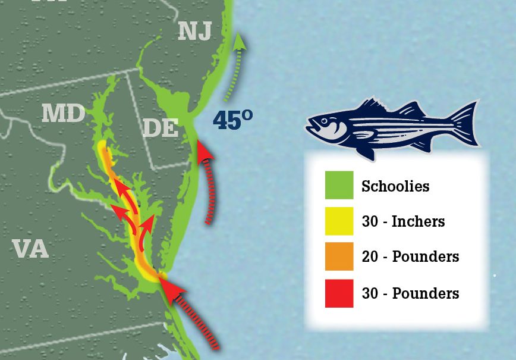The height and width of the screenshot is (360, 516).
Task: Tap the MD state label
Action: (63, 113)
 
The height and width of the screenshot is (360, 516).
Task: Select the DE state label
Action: (160, 127)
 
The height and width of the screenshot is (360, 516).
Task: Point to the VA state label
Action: (30, 249)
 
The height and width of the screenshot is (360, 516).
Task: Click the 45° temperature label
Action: (232, 121)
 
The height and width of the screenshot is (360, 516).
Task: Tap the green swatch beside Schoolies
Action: (339, 186)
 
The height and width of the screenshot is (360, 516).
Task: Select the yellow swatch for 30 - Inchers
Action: (339, 221)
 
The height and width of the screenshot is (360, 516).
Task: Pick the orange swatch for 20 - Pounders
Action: (339, 256)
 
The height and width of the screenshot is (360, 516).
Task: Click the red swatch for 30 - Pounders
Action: (339, 293)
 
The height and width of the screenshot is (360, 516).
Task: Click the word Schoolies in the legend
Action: (395, 186)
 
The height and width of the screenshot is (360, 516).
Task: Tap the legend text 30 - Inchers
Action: (403, 222)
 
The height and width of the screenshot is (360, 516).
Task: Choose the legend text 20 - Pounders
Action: (410, 257)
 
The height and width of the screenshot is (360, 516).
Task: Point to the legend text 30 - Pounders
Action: (410, 293)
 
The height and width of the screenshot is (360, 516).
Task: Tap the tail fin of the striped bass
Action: (468, 123)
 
